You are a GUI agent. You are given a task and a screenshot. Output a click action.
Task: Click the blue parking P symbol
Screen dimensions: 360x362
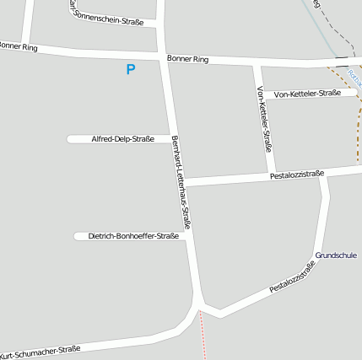(130, 70)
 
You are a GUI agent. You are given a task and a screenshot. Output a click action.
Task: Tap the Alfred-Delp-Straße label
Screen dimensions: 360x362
(122, 139)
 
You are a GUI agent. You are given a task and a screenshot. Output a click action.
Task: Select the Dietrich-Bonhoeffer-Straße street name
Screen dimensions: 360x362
(132, 237)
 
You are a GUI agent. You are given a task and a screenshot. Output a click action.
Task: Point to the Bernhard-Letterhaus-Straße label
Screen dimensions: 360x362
(181, 181)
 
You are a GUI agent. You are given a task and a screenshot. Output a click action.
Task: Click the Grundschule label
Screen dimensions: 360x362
(336, 255)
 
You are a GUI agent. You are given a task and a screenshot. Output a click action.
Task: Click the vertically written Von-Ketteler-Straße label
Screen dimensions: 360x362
(263, 119)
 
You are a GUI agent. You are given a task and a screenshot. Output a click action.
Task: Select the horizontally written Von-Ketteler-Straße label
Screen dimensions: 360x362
(307, 94)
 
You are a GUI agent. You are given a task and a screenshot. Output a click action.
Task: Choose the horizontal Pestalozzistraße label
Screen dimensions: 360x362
(297, 175)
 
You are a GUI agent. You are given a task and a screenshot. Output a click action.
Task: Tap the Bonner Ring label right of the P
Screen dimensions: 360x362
(187, 60)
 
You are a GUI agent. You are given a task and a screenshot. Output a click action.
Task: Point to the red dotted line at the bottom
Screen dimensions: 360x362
(203, 337)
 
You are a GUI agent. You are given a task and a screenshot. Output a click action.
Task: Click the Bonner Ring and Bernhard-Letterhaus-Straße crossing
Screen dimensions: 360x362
(163, 57)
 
